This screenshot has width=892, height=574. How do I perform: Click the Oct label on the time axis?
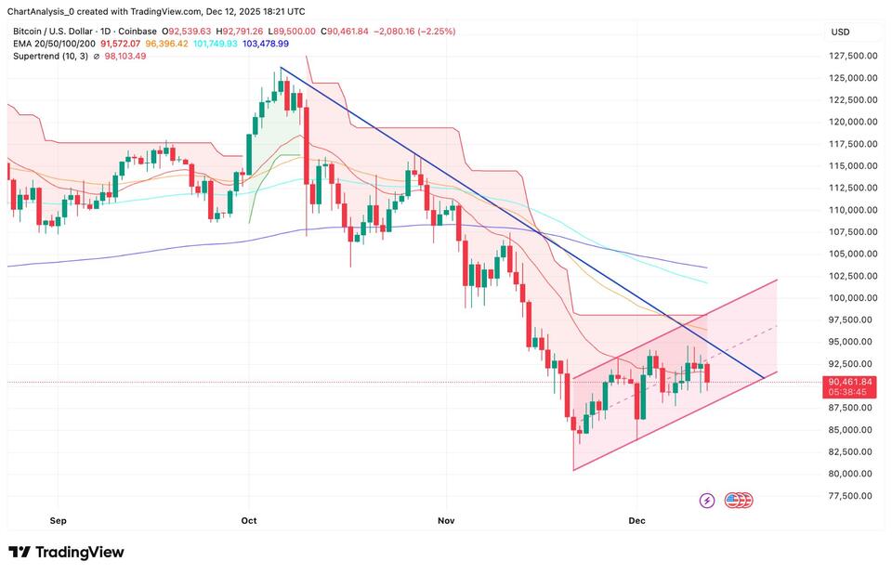click(x=248, y=522)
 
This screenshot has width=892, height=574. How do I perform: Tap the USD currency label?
click(x=840, y=33)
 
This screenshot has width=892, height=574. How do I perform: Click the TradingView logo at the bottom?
click(x=66, y=553)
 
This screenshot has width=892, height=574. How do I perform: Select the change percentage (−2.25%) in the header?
click(x=436, y=30)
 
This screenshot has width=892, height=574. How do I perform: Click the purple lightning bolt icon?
click(x=706, y=501)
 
